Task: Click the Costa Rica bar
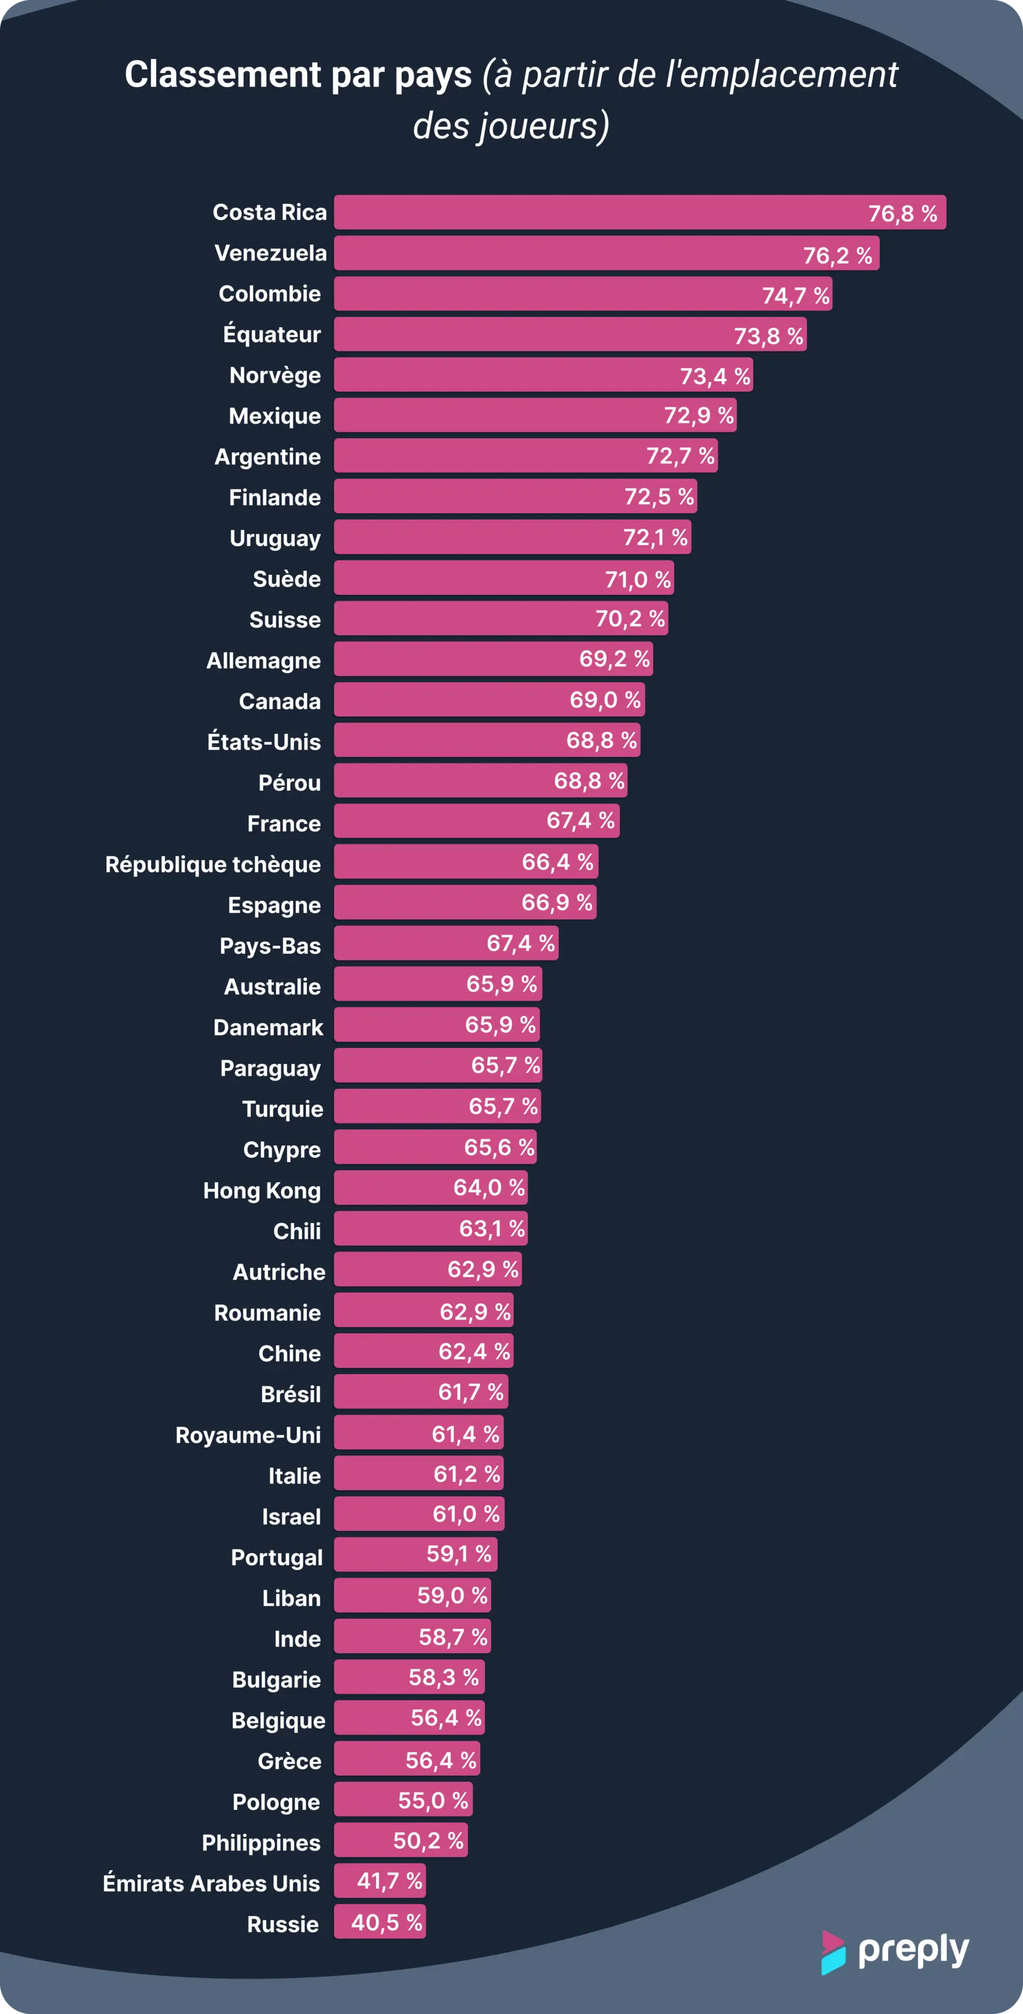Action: (639, 212)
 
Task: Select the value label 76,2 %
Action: (837, 256)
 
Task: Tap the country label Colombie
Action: (270, 294)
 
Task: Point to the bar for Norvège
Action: (543, 376)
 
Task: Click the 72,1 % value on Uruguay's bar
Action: (655, 538)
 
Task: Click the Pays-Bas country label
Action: (270, 946)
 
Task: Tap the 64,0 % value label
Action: (488, 1189)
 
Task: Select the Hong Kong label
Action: (262, 1191)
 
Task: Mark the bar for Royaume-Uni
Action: (418, 1434)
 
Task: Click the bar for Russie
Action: (379, 1923)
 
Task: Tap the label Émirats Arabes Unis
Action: (211, 1883)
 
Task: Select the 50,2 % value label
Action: (428, 1841)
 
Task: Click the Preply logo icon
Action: (833, 1953)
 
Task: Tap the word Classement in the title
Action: (222, 75)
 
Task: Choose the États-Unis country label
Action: (263, 742)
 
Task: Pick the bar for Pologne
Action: (402, 1800)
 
